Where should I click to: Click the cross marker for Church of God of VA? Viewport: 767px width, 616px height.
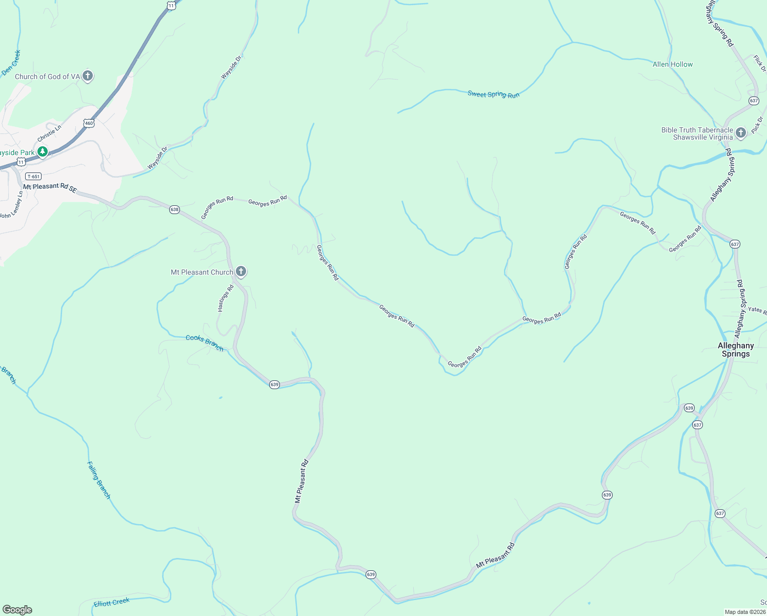(x=88, y=76)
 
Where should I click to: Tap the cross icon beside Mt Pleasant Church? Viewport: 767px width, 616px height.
(x=241, y=272)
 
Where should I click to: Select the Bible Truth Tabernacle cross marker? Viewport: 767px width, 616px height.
(x=740, y=133)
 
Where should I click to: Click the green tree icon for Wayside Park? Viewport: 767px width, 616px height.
(x=43, y=151)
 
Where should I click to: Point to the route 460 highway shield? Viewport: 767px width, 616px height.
(x=89, y=123)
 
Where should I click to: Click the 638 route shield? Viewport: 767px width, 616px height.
(x=174, y=209)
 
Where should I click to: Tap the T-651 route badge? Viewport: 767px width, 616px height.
(x=34, y=176)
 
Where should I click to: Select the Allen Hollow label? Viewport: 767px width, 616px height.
(x=672, y=64)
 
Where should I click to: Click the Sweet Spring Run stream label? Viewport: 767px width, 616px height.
(x=493, y=94)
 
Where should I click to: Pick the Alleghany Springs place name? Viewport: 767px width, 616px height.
(x=736, y=350)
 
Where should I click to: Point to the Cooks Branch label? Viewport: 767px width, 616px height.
(x=205, y=342)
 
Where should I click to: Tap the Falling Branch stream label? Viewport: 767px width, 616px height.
(x=98, y=480)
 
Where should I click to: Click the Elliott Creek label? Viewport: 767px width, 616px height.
(x=112, y=602)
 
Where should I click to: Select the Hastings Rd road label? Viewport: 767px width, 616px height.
(x=226, y=298)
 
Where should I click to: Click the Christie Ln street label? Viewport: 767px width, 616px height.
(x=49, y=133)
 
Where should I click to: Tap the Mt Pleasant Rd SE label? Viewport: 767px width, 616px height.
(x=50, y=187)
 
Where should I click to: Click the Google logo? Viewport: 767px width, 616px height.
(x=17, y=610)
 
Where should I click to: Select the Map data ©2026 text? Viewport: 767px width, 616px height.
(x=744, y=612)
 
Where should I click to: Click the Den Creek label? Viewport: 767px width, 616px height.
(x=11, y=63)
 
